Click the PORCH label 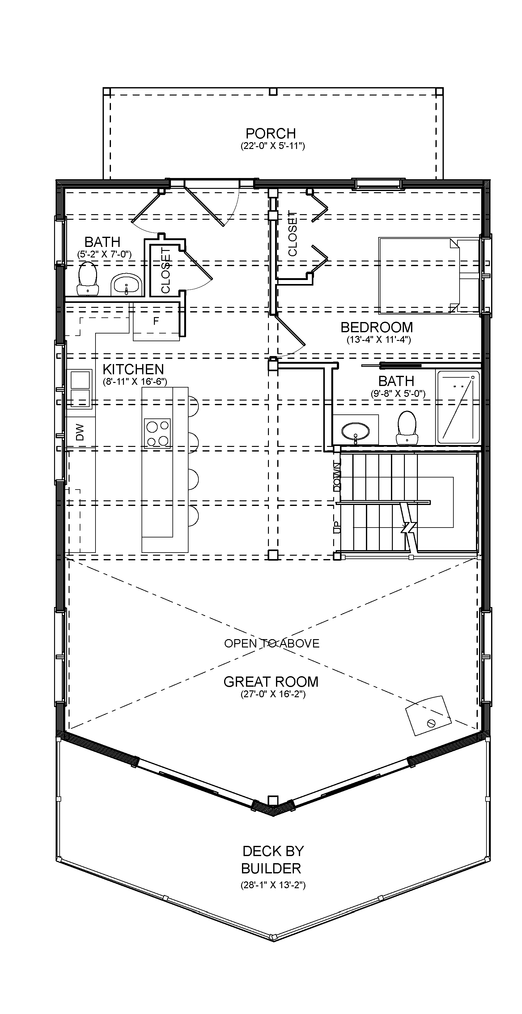(x=270, y=134)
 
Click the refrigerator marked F (x=156, y=321)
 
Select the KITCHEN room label (x=133, y=369)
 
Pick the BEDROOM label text (x=376, y=327)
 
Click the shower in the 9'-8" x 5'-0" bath (x=458, y=407)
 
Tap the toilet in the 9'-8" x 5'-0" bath (x=407, y=427)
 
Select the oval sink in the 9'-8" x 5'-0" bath (x=355, y=431)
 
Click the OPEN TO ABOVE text (x=272, y=643)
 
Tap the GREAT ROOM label (x=271, y=681)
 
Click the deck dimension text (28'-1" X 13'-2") (x=273, y=885)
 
